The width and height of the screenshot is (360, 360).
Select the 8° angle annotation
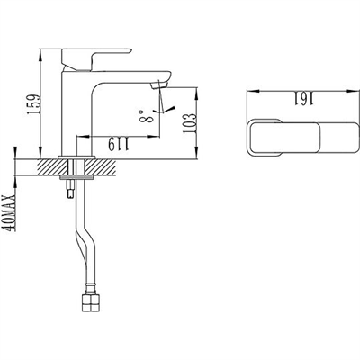coord(143,115)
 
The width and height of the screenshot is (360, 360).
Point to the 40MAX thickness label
coord(10,206)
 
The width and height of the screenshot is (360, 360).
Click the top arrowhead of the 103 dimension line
coord(198,87)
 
